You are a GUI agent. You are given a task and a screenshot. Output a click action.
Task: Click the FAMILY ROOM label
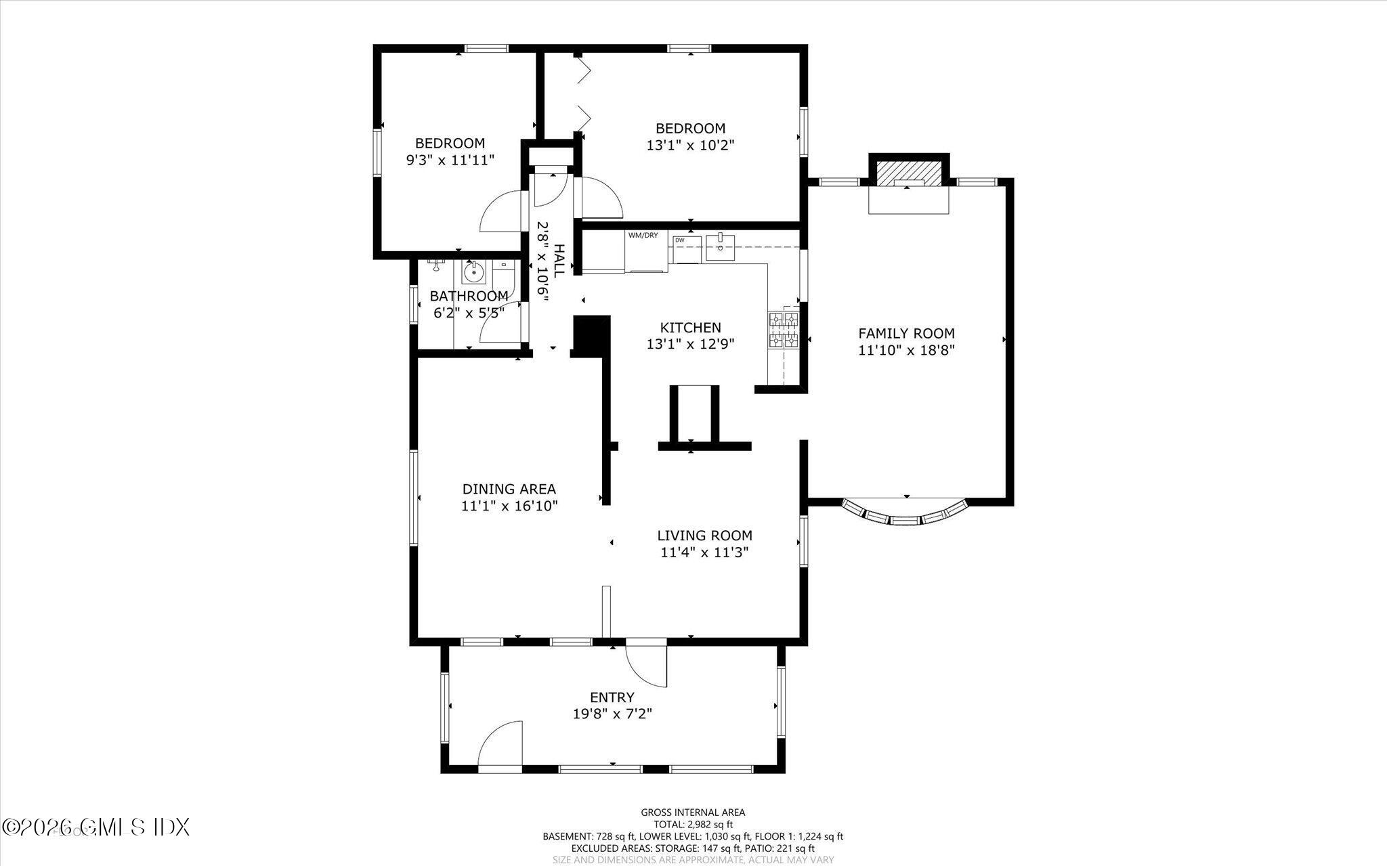[x=906, y=333]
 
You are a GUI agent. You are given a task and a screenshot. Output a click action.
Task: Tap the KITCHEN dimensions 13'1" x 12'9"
[x=690, y=344]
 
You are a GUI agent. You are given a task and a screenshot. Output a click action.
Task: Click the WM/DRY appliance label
[x=643, y=236]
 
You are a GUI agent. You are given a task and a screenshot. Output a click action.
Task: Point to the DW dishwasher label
[x=679, y=240]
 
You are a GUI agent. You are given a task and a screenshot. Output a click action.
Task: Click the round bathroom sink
[x=473, y=274]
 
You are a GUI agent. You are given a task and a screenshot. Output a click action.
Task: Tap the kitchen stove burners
[x=784, y=330]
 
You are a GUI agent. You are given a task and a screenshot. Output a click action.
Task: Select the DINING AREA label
[x=509, y=489]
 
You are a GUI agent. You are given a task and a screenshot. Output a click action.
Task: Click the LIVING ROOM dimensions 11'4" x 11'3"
[x=704, y=553]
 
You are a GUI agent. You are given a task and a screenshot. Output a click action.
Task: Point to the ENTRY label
[x=612, y=697]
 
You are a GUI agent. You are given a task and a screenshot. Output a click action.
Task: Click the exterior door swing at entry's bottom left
[x=501, y=745]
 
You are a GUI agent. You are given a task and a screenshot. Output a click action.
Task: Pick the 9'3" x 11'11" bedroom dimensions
[x=450, y=160]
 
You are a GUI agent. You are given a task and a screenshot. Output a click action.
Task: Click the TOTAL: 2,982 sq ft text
[x=692, y=824]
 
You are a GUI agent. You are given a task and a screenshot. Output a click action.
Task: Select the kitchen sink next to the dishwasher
[x=720, y=247]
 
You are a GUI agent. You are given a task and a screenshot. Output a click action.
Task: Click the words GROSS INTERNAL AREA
[x=692, y=813]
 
